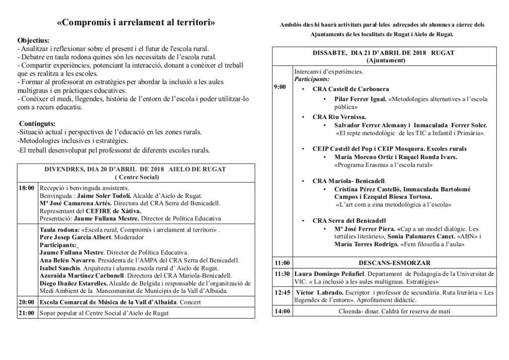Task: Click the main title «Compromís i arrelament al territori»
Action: [136, 23]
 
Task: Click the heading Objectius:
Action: [33, 40]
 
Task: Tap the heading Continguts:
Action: [37, 123]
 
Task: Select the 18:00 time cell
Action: [26, 188]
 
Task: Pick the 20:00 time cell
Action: [26, 302]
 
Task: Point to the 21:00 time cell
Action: [26, 313]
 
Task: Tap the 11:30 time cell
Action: [282, 274]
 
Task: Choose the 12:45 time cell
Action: [282, 293]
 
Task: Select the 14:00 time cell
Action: [282, 312]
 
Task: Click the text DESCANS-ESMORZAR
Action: [394, 263]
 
